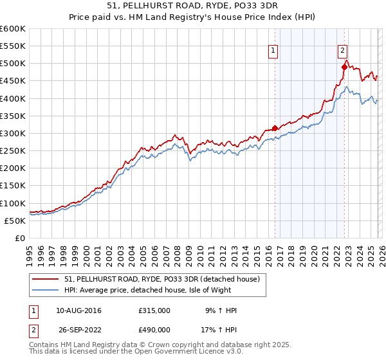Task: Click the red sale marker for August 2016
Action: click(x=275, y=128)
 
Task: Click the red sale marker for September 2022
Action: click(x=344, y=67)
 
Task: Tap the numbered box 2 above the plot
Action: click(x=343, y=50)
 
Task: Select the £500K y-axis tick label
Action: click(x=13, y=64)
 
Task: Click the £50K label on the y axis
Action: click(x=15, y=221)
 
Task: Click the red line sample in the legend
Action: click(x=45, y=279)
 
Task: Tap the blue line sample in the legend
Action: click(x=45, y=290)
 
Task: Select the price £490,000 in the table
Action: click(x=154, y=329)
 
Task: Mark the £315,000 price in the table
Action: click(x=154, y=310)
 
